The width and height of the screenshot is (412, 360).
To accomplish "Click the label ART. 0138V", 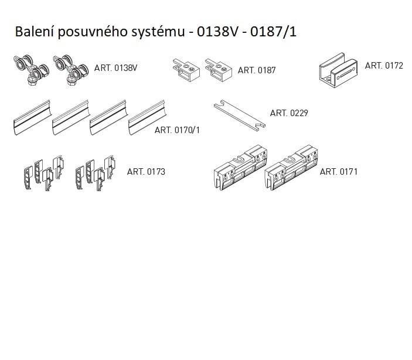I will [x=115, y=68].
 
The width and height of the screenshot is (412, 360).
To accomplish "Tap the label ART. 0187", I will [x=256, y=70].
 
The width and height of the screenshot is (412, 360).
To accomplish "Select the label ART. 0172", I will [x=384, y=66].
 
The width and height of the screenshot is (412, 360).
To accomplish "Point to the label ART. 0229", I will [x=288, y=113].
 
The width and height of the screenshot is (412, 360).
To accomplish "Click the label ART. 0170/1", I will [x=177, y=130].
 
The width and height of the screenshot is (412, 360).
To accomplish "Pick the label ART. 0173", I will [x=146, y=172].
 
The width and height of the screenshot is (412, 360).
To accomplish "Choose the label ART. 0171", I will [x=338, y=172].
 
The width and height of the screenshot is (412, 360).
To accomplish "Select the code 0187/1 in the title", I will [x=273, y=32].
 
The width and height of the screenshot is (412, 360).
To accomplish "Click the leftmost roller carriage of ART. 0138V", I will [x=29, y=72].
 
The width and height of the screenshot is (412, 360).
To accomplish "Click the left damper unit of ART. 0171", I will [x=237, y=168].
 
